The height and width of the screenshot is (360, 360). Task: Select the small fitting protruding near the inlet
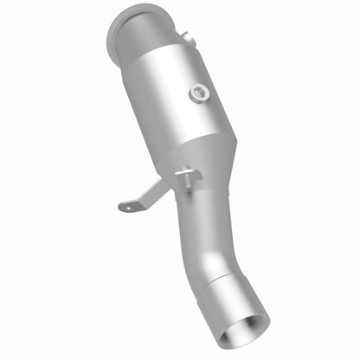pos(183,36)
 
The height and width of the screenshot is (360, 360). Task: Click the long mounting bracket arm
pos(149,194)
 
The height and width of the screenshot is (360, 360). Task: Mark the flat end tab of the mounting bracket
pos(128,207)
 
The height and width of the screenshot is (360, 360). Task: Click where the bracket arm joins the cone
pos(169,183)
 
